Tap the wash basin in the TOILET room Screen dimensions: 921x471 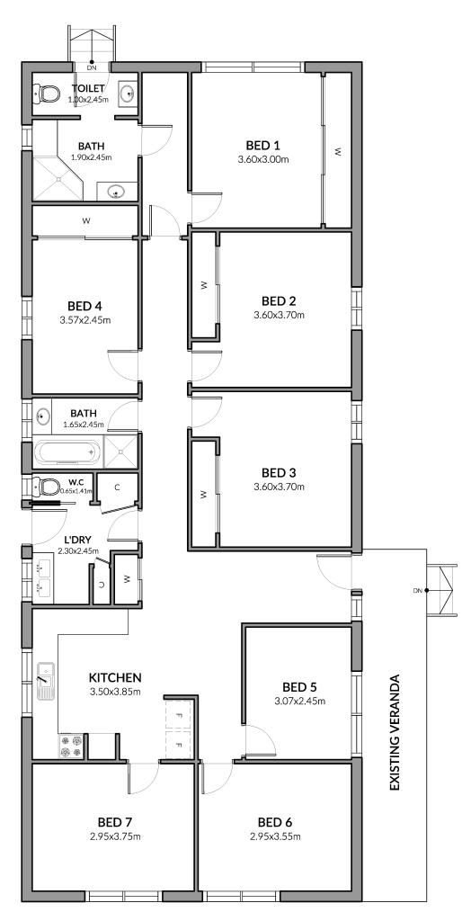pyautogui.click(x=128, y=93)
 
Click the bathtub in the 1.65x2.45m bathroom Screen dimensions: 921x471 pyautogui.click(x=67, y=452)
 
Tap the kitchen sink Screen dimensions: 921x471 pyautogui.click(x=45, y=682)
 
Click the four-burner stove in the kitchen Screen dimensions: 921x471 pyautogui.click(x=73, y=746)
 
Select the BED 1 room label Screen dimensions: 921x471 pyautogui.click(x=263, y=145)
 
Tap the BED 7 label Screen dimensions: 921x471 pyautogui.click(x=113, y=821)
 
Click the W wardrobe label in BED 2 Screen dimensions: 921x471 pyautogui.click(x=204, y=285)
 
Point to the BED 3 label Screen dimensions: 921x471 pyautogui.click(x=277, y=472)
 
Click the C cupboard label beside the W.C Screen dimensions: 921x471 pyautogui.click(x=118, y=488)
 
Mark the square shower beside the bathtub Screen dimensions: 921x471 pyautogui.click(x=120, y=452)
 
